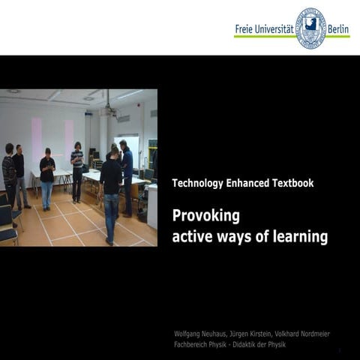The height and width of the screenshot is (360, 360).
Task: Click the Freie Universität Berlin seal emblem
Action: pos(310,28)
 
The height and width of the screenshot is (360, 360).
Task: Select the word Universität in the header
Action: pos(276,29)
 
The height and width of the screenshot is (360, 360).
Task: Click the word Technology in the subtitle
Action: pos(196,183)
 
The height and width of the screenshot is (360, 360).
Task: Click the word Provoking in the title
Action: pos(205,216)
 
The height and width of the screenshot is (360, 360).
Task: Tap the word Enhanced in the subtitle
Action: pos(247,183)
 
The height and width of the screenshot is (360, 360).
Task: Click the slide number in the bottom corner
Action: pos(339,350)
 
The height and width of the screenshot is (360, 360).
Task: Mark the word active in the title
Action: pos(192,238)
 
